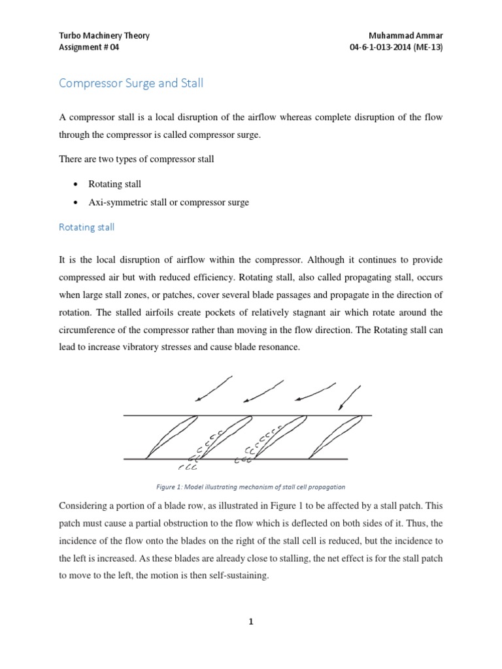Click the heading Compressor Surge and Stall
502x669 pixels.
pyautogui.click(x=131, y=84)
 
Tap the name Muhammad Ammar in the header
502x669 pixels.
pyautogui.click(x=406, y=35)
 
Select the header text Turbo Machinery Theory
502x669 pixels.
pyautogui.click(x=104, y=35)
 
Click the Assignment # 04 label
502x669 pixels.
pyautogui.click(x=89, y=47)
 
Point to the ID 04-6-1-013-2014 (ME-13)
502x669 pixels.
pyautogui.click(x=396, y=47)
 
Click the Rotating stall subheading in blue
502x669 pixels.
pyautogui.click(x=87, y=227)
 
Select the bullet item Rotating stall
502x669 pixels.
pyautogui.click(x=114, y=184)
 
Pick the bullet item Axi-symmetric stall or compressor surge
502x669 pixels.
pyautogui.click(x=169, y=203)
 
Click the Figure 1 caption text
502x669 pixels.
pyautogui.click(x=250, y=487)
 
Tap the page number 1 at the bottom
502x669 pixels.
pyautogui.click(x=250, y=622)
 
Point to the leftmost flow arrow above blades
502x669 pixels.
pyautogui.click(x=214, y=388)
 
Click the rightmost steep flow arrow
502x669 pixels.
pyautogui.click(x=350, y=397)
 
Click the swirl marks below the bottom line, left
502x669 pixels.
pyautogui.click(x=188, y=466)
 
